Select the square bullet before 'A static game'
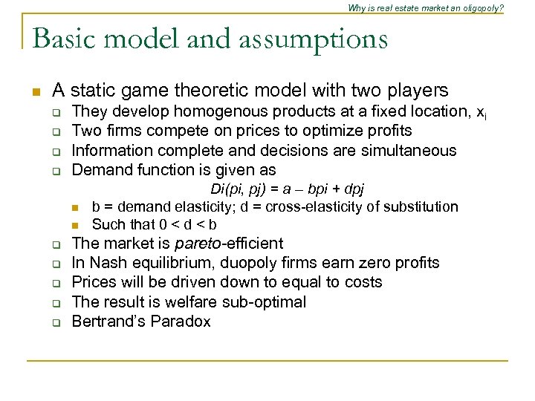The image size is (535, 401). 34,92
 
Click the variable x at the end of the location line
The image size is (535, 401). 481,112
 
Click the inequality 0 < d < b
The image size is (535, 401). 187,224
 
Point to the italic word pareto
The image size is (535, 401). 196,243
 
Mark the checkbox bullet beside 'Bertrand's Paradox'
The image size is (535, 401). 55,322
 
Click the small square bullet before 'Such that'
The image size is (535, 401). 74,225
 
